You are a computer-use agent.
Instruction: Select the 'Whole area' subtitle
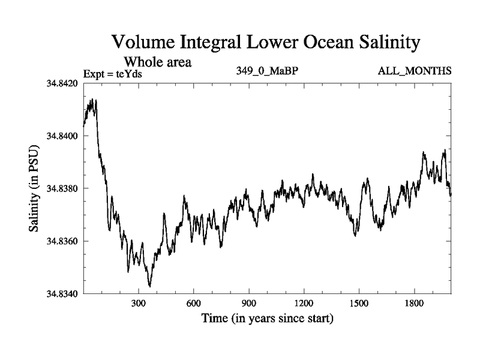[x=157, y=62]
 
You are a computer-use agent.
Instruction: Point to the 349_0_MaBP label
[x=267, y=71]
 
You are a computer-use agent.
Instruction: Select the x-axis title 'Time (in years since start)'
[x=267, y=318]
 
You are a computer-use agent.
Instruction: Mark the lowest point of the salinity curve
[x=149, y=286]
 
